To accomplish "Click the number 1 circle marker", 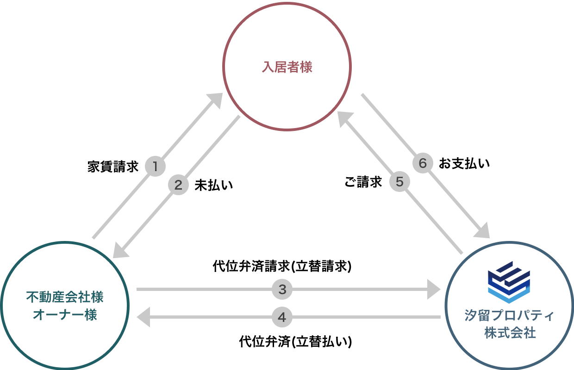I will point(156,166).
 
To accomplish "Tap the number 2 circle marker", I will point(178,185).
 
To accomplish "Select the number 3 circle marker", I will point(282,290).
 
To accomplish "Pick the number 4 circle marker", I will point(282,317).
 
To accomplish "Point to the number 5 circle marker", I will point(400,182).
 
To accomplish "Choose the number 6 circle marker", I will point(422,163).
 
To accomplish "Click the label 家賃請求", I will point(113,167).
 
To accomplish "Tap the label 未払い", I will point(213,185).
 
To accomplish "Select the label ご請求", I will point(363,182).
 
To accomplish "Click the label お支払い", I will point(464,163).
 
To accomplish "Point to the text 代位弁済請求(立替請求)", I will point(282,266).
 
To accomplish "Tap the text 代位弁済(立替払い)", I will point(295,342).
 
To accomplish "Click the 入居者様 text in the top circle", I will point(287,68).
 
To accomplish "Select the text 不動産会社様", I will point(65,297).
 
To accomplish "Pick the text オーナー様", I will point(65,315).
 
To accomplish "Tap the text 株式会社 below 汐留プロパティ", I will point(509,333).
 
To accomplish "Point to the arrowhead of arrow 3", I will point(433,290).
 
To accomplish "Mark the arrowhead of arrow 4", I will point(143,317).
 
